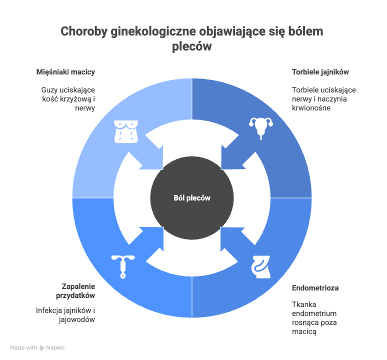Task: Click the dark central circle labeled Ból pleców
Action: point(192,197)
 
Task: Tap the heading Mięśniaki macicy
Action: point(65,72)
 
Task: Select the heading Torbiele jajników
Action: point(320,72)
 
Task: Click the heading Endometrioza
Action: point(315,287)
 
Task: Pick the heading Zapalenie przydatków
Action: point(75,291)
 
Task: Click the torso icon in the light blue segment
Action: point(126,132)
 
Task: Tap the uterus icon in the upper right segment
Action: point(261,128)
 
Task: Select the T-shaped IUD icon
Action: point(123,266)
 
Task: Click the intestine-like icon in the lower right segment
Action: point(261,266)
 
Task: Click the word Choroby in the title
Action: point(84,31)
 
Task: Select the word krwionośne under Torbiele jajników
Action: point(311,108)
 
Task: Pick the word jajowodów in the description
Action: point(77,319)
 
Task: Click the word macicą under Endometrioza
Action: point(304,331)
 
